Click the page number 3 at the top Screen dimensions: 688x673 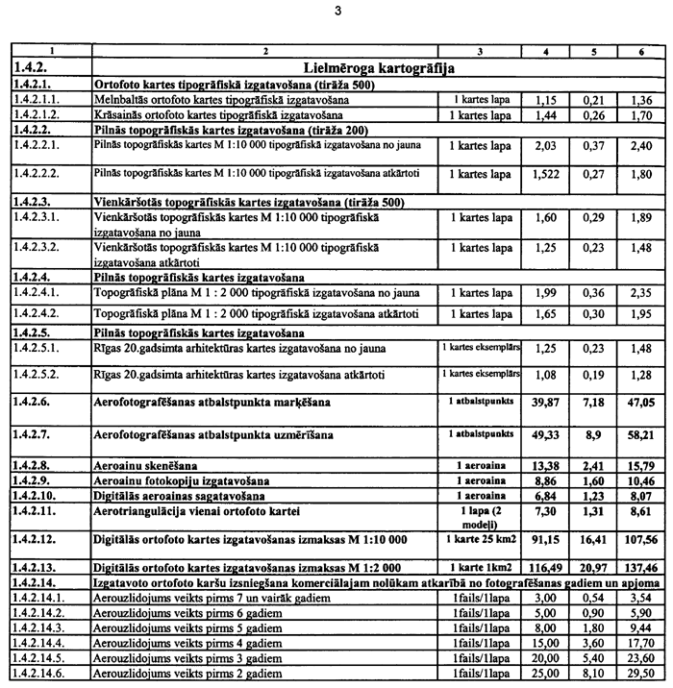336,12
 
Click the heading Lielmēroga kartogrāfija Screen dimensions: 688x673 378,68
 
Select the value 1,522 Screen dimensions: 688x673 545,176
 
